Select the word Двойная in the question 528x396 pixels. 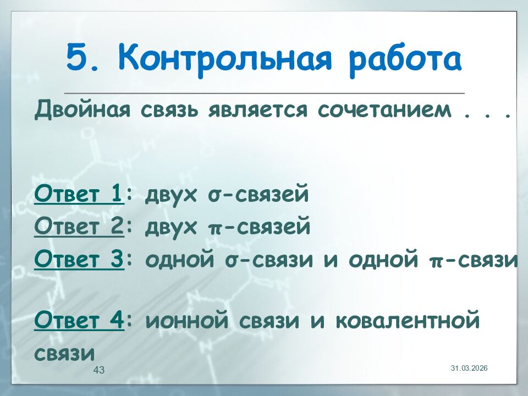pyautogui.click(x=82, y=112)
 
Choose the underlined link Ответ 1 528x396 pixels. pyautogui.click(x=79, y=195)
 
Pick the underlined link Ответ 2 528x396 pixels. pyautogui.click(x=79, y=227)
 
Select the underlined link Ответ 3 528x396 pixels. pyautogui.click(x=79, y=260)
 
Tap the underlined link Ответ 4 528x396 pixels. pyautogui.click(x=79, y=320)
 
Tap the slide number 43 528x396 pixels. pyautogui.click(x=99, y=370)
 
